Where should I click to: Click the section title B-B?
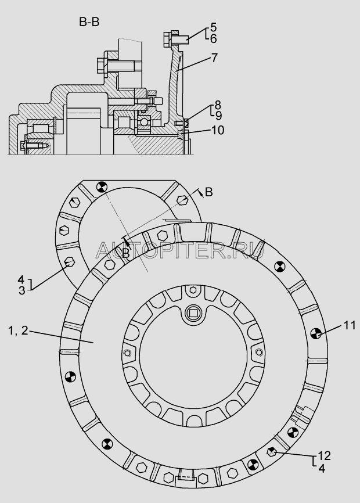[x=90, y=24]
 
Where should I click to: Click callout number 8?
[x=217, y=105]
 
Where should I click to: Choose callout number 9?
[x=217, y=115]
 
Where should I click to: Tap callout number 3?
[x=21, y=290]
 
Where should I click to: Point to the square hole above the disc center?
[x=193, y=314]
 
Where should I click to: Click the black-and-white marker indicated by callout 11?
[x=317, y=333]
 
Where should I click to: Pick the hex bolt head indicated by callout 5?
[x=167, y=40]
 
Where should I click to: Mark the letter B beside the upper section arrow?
[x=210, y=192]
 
